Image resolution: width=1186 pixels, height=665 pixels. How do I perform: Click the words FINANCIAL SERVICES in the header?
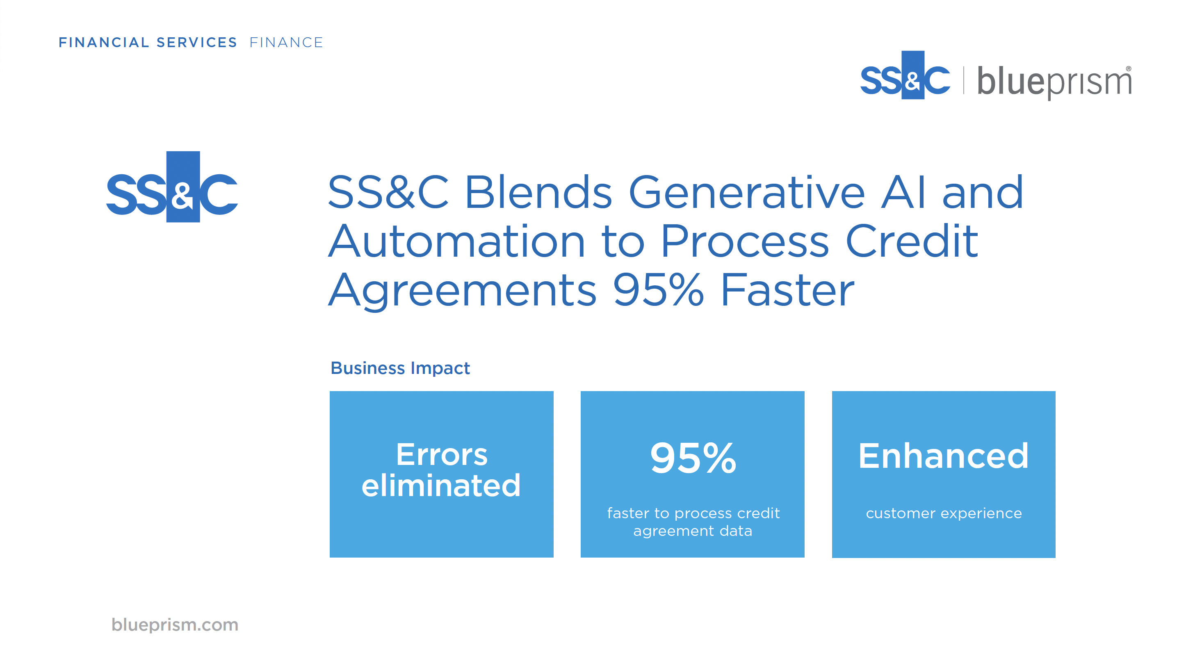point(147,42)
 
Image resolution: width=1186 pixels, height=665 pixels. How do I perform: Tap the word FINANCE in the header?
point(286,42)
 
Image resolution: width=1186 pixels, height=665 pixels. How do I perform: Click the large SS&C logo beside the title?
point(172,187)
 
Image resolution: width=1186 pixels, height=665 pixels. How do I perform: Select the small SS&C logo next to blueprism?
point(905,75)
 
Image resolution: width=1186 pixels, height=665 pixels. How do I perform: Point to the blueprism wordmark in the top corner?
point(1054,82)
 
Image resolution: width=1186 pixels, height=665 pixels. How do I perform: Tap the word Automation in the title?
point(456,241)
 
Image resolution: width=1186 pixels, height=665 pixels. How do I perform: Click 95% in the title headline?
point(658,290)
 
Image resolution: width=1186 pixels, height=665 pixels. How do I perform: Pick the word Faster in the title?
point(787,290)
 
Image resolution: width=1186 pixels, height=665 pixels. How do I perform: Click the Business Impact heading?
point(400,368)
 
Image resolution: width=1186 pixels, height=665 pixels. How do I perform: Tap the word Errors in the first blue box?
point(442,455)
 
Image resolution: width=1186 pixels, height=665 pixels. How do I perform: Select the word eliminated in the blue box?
point(441,485)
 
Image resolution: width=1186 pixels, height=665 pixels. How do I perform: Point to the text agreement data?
point(693,531)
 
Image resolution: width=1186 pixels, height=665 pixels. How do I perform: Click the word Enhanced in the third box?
point(943,455)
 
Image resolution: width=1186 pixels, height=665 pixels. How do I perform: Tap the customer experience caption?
point(944,513)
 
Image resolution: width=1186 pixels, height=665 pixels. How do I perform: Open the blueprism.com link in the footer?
point(175,625)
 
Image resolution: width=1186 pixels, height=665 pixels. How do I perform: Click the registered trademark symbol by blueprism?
point(1129,68)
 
